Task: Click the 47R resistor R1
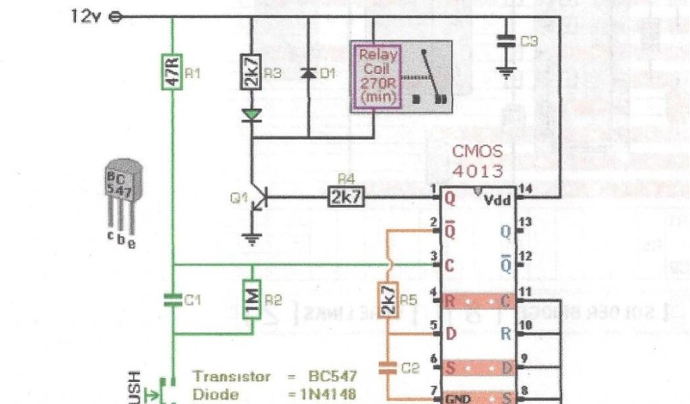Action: click(172, 72)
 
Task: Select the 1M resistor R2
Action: click(252, 299)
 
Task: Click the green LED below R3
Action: click(251, 114)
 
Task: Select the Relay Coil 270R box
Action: click(377, 75)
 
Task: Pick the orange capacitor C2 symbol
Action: click(387, 368)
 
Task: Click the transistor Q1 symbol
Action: click(258, 199)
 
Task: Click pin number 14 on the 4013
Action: click(525, 191)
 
